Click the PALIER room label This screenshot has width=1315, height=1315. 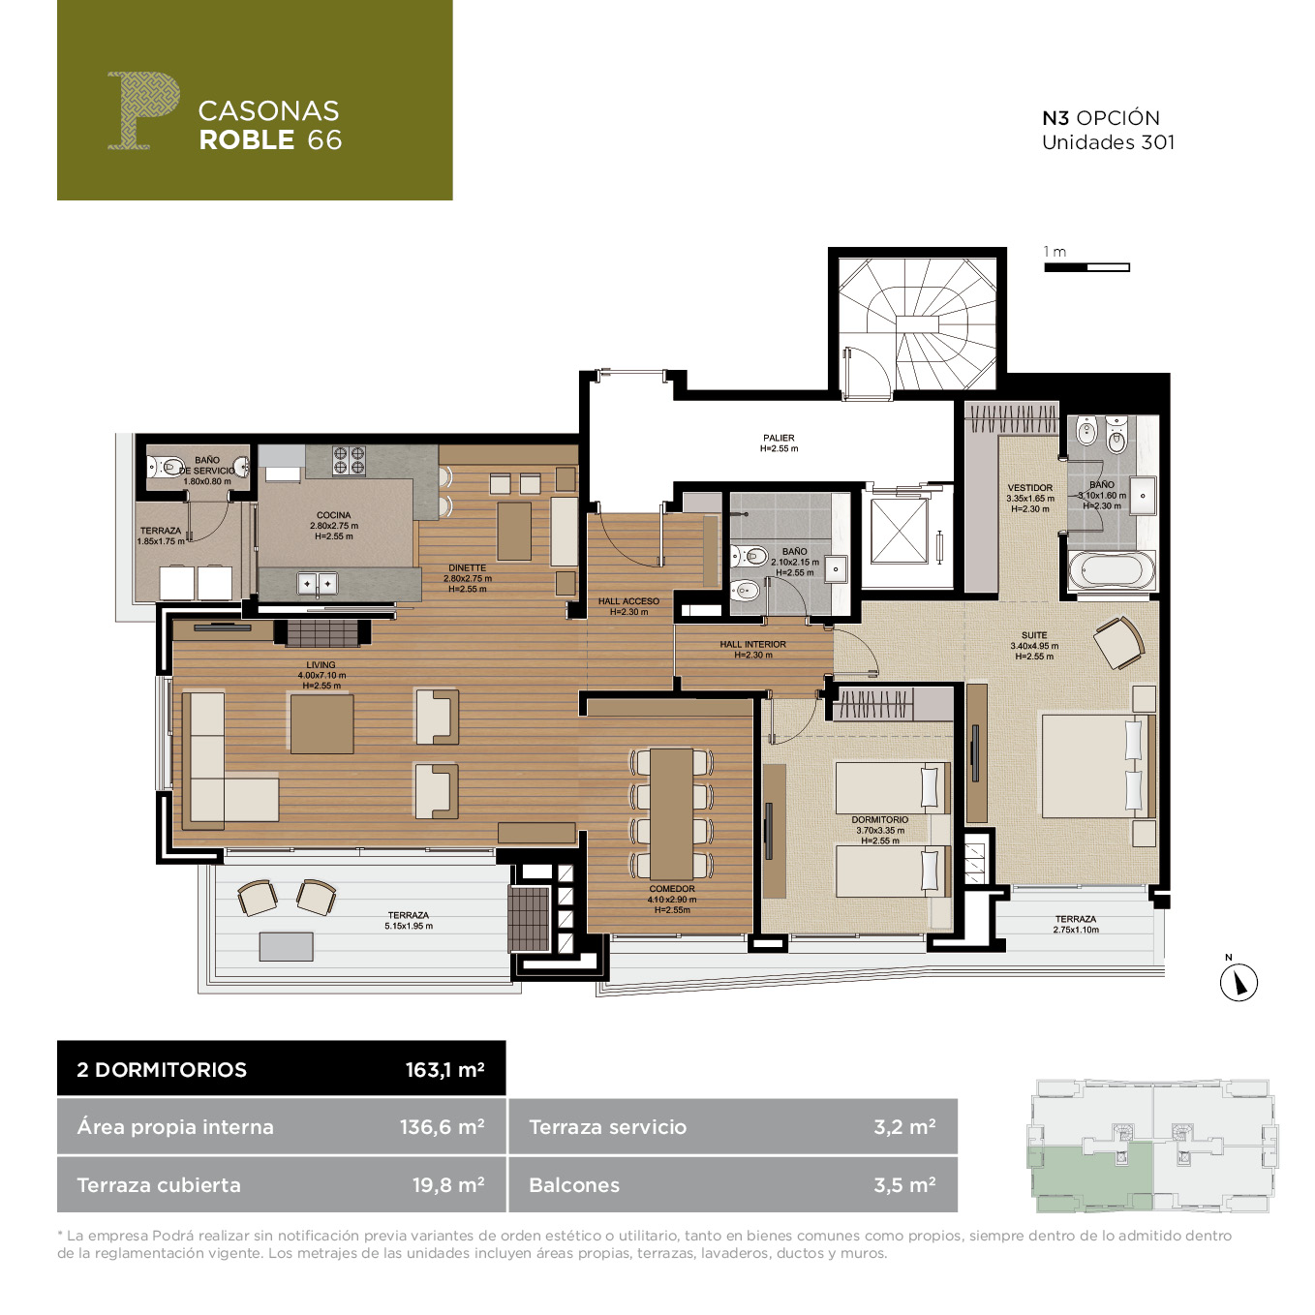click(x=779, y=438)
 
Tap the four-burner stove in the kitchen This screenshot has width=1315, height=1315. click(x=349, y=460)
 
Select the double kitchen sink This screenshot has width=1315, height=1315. click(x=318, y=584)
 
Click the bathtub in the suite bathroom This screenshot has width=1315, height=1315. click(x=1112, y=569)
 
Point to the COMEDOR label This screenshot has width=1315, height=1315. click(x=671, y=889)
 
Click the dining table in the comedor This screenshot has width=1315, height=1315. click(x=671, y=813)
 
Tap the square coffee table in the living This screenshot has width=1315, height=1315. click(x=321, y=723)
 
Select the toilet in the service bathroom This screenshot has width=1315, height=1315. click(x=166, y=468)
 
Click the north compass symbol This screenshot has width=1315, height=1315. click(x=1238, y=981)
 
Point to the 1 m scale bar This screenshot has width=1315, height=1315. click(x=1086, y=267)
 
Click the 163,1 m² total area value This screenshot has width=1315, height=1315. click(x=444, y=1069)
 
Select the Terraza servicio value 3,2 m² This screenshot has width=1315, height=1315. click(x=904, y=1126)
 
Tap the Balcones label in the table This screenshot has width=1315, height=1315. click(x=574, y=1185)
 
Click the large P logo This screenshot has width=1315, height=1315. click(x=144, y=109)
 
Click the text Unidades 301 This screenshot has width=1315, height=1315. click(x=1108, y=142)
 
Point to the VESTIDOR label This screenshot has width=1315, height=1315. click(x=1029, y=488)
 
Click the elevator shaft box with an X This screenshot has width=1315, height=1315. click(x=899, y=531)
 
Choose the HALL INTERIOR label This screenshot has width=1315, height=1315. click(x=752, y=644)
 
